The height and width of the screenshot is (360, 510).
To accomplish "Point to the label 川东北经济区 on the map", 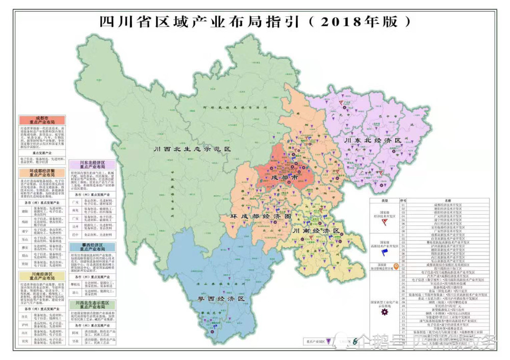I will [373, 140].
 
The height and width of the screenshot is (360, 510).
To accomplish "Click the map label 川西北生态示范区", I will [193, 149].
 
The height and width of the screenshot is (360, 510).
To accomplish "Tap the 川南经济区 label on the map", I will [316, 231].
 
